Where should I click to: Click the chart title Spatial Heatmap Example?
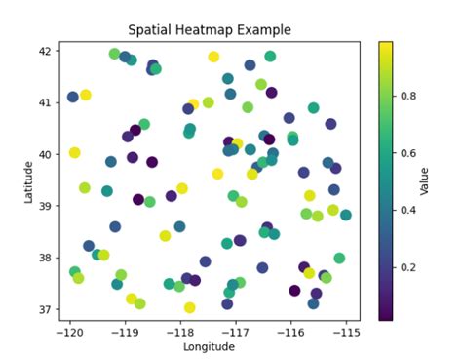(210, 31)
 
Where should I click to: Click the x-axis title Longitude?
(209, 346)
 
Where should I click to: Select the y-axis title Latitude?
(30, 182)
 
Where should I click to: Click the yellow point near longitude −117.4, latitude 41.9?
(213, 57)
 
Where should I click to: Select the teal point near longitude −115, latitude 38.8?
(346, 215)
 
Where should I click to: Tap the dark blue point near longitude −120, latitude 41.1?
(73, 98)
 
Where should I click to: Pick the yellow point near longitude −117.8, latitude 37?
(190, 307)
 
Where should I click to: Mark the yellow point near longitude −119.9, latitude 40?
(75, 153)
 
